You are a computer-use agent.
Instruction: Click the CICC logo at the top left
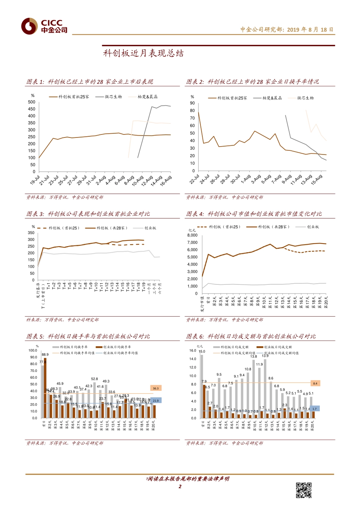[x=44, y=26]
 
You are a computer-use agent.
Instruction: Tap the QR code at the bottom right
[x=304, y=490]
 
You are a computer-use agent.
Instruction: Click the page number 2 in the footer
[x=180, y=487]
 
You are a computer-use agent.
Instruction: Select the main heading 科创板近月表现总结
[x=143, y=53]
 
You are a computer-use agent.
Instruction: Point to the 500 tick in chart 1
[x=31, y=102]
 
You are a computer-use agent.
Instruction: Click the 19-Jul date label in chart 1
[x=35, y=180]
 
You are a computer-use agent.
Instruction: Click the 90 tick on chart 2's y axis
[x=193, y=103]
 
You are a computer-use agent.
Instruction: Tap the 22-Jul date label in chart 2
[x=194, y=179]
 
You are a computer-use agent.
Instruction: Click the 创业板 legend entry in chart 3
[x=150, y=228]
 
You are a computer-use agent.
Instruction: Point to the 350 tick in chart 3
[x=31, y=233]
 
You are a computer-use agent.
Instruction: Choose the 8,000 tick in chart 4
[x=193, y=235]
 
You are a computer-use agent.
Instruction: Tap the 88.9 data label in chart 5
[x=45, y=355]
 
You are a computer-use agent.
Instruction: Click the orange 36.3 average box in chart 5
[x=156, y=388]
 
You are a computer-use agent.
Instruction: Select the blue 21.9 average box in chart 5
[x=156, y=400]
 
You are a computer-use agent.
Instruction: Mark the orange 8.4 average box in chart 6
[x=315, y=383]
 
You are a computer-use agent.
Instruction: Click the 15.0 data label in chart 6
[x=202, y=351]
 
